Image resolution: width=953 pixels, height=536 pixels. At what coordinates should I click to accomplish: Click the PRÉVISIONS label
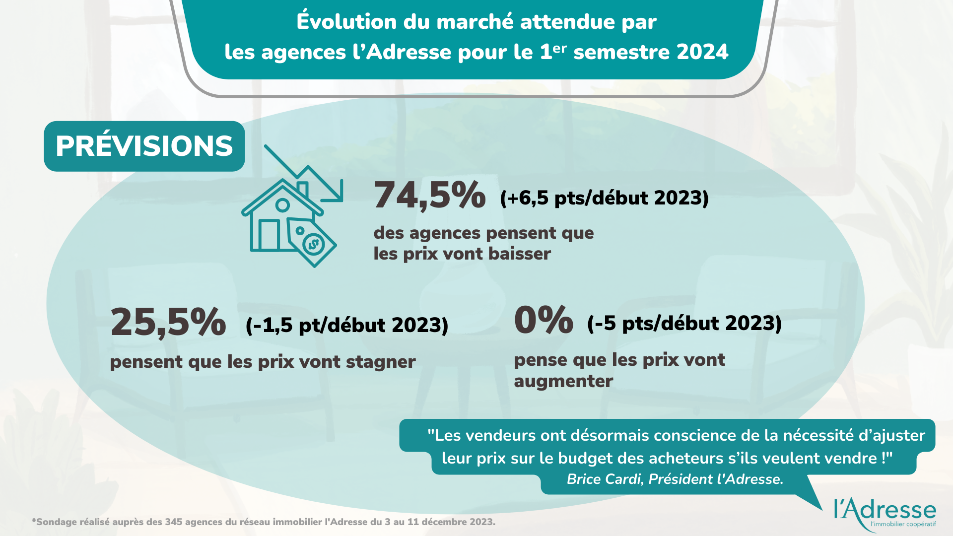(144, 146)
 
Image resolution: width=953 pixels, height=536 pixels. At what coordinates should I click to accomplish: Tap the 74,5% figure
(429, 196)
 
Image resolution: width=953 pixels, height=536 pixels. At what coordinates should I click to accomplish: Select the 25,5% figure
(168, 323)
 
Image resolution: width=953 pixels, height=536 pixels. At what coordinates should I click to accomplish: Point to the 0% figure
(544, 320)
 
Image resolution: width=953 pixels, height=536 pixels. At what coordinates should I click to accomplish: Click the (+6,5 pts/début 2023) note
(604, 198)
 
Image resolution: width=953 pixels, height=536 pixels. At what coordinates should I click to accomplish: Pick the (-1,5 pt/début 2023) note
(347, 325)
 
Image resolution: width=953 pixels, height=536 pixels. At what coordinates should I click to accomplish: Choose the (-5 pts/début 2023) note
(684, 323)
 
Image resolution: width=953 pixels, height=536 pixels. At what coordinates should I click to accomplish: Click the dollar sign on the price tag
(313, 244)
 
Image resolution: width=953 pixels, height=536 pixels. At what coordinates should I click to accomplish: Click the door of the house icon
(269, 235)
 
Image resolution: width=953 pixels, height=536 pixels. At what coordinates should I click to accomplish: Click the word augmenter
(563, 381)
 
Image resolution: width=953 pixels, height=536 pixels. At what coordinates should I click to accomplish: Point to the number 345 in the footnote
(173, 522)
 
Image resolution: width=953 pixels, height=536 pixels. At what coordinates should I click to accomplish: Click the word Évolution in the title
(346, 22)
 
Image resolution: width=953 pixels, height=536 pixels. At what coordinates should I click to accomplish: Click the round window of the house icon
(282, 204)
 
